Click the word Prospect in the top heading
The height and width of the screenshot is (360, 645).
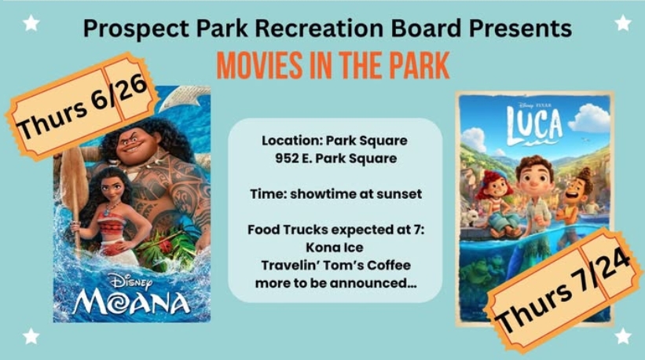136,29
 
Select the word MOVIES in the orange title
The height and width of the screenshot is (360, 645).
259,65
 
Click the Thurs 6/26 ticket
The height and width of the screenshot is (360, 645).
82,106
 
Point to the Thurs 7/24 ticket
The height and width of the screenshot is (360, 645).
563,291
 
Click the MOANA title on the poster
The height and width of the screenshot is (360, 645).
132,303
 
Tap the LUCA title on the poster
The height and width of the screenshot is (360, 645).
534,125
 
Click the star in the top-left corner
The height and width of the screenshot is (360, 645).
31,23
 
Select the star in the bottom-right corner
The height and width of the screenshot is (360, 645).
623,336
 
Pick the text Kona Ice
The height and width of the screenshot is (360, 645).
335,248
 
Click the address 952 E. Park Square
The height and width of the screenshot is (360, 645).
335,159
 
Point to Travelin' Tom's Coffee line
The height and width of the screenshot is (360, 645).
335,266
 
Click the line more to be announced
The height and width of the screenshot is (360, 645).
335,284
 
